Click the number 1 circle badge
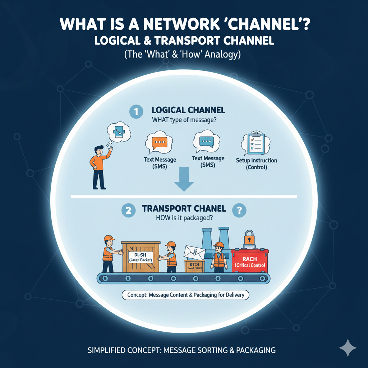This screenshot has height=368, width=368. click(x=136, y=112)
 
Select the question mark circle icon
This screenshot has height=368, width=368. click(x=239, y=211)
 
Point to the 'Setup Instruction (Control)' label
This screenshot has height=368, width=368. click(x=256, y=164)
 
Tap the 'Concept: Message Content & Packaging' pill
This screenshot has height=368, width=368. click(x=185, y=295)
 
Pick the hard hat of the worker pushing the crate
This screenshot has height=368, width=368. click(x=109, y=238)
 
